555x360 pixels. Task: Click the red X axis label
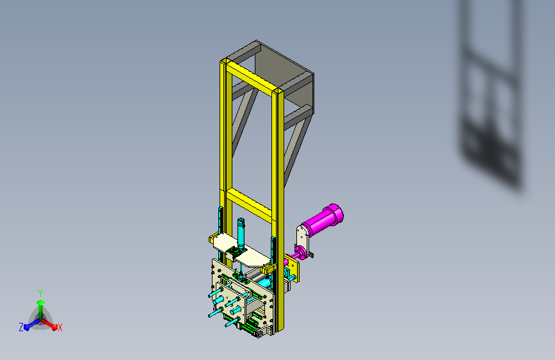[x=60, y=327]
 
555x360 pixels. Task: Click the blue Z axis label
[x=21, y=327]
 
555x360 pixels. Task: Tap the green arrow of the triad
[x=40, y=304]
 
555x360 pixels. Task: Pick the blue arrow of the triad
[x=29, y=325]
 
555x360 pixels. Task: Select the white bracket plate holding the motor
[x=302, y=238]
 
